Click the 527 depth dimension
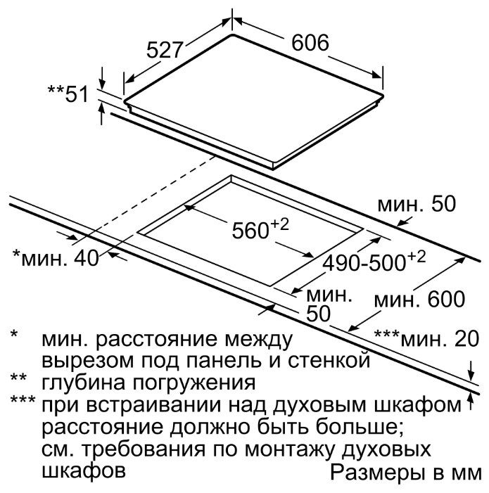pos(165,51)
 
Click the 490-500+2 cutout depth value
pos(374,262)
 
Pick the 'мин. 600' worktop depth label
pos(420,300)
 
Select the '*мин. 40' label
pos(57,258)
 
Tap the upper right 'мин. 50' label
pos(417,205)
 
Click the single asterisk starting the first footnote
pos(14,335)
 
